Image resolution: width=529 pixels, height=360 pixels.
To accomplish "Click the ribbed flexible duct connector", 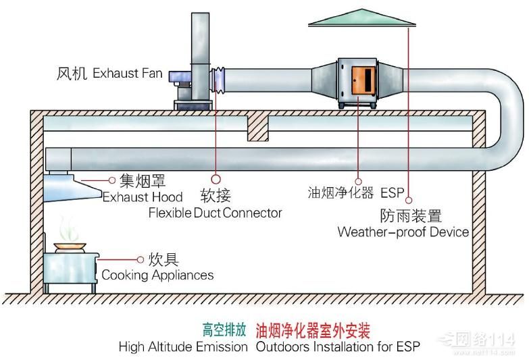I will (219, 80).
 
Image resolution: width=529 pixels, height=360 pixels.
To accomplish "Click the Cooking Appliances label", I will (157, 275).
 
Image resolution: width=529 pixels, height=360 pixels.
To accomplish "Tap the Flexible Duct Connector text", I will (215, 213).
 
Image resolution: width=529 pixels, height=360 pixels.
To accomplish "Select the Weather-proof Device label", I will (403, 232).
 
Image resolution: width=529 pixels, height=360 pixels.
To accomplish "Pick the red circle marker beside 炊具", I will (141, 259).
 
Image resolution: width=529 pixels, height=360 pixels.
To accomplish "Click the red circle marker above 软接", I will (216, 179).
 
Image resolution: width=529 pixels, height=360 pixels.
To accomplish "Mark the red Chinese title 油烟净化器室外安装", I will (313, 330).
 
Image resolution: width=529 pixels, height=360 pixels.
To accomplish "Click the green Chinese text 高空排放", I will (224, 330).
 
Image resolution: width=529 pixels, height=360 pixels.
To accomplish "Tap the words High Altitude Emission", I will (183, 347).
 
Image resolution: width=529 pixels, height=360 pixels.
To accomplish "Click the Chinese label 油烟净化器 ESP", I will (355, 192).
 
